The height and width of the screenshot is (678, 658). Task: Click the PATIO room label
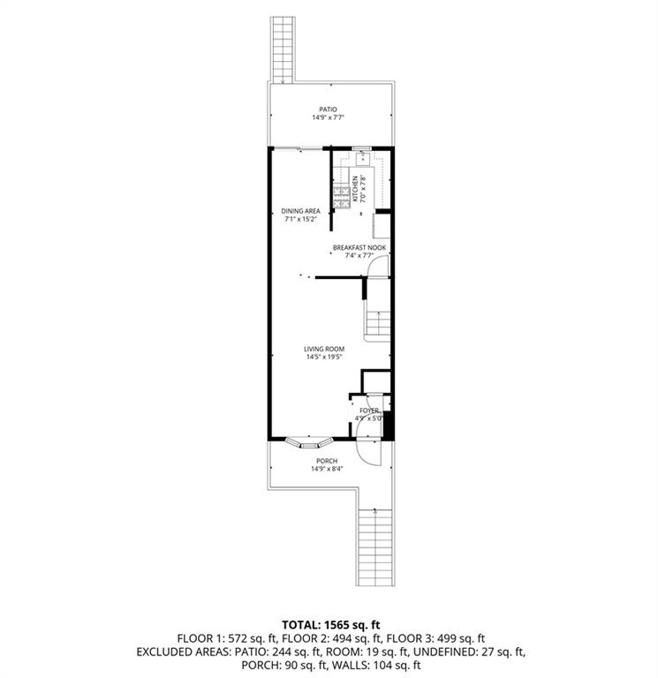(x=329, y=109)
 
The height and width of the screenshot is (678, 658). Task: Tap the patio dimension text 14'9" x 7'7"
(x=329, y=117)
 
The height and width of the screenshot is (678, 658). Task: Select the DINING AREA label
(x=300, y=211)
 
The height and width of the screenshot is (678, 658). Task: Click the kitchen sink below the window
(x=362, y=158)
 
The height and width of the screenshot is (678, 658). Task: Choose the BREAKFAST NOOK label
(x=359, y=247)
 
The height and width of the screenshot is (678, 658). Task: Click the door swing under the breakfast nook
(x=377, y=266)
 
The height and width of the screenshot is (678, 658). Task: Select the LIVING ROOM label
(x=324, y=349)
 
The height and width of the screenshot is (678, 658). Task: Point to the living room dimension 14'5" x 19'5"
(x=324, y=358)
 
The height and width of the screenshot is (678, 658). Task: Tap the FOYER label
(x=368, y=411)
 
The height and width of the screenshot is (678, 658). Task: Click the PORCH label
(x=327, y=461)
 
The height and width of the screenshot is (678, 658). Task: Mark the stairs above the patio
(x=283, y=49)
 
